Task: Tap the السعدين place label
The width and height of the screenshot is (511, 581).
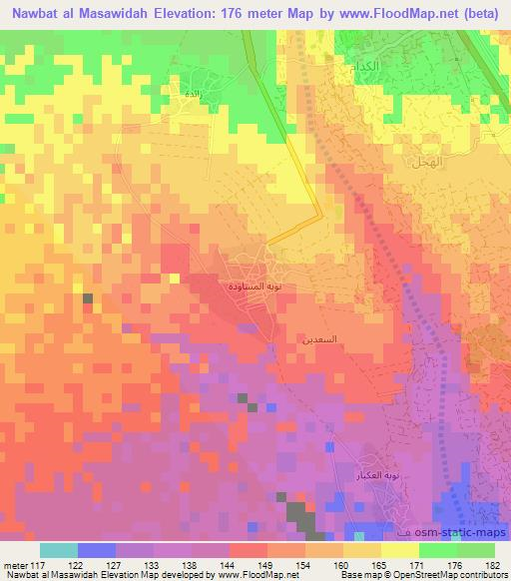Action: pyautogui.click(x=319, y=339)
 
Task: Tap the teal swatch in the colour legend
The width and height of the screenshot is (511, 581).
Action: pyautogui.click(x=59, y=549)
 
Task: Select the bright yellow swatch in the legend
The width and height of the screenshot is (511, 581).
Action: pyautogui.click(x=399, y=549)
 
